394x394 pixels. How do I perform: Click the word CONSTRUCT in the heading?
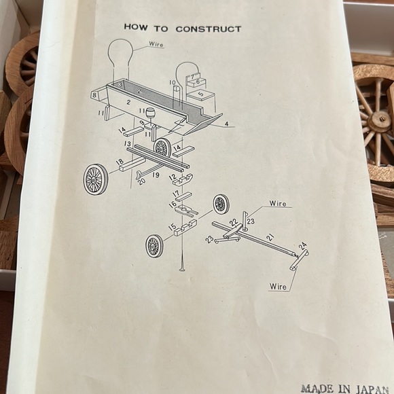click(209, 29)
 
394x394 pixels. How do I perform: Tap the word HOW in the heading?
click(136, 27)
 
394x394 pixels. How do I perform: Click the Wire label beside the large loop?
click(156, 44)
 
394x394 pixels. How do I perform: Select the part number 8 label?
click(94, 95)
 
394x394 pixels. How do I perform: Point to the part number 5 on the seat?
click(201, 94)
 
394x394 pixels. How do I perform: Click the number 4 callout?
click(227, 124)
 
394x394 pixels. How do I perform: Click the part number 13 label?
click(128, 144)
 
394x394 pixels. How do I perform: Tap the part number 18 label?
click(120, 162)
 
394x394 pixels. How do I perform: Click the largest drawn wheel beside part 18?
click(96, 179)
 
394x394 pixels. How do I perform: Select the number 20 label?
click(142, 181)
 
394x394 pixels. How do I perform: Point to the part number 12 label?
click(173, 177)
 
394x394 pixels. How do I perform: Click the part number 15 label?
click(172, 227)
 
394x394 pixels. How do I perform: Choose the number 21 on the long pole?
click(270, 237)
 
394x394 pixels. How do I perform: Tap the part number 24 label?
click(303, 245)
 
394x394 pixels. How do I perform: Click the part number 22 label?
click(234, 222)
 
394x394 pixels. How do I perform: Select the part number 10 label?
click(172, 82)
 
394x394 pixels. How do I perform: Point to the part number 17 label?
click(176, 194)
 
